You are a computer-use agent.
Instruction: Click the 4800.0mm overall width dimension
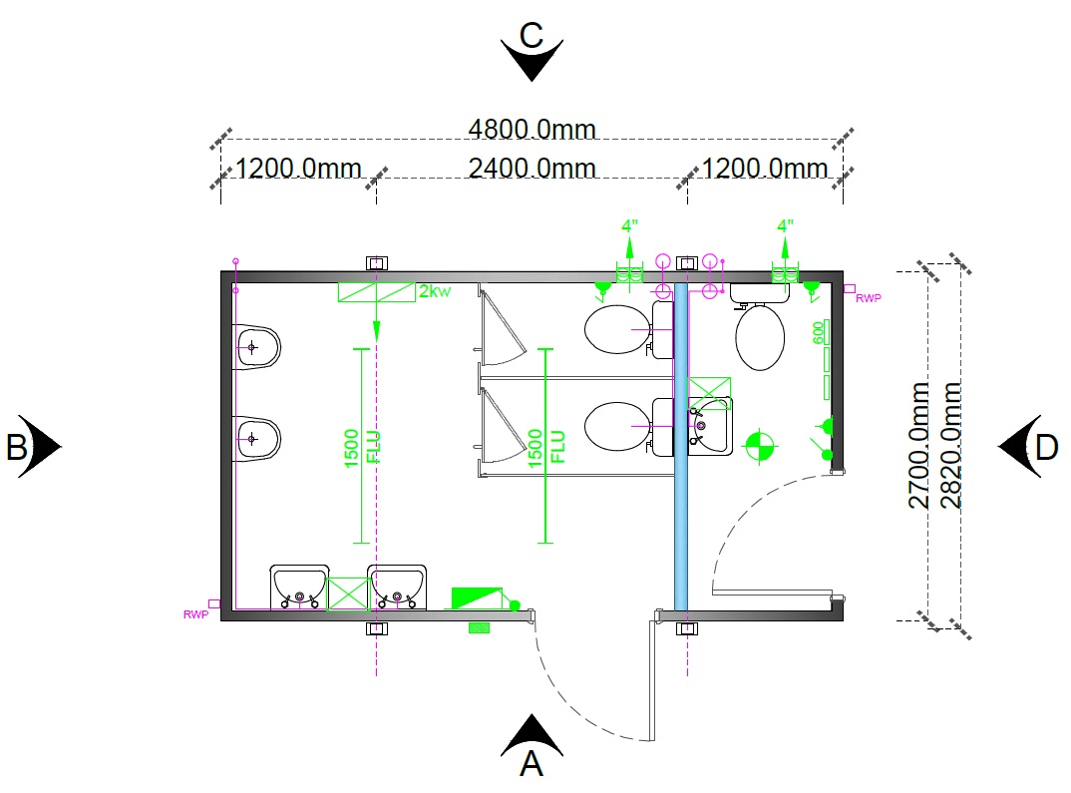click(x=532, y=129)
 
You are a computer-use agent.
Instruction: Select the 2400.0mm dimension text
click(x=532, y=168)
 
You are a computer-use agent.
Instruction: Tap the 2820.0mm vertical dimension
click(x=950, y=445)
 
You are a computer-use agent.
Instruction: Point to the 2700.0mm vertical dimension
click(x=918, y=445)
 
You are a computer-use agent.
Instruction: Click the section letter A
click(x=531, y=763)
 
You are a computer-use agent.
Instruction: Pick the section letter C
click(x=532, y=36)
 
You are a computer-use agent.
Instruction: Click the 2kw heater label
click(x=435, y=291)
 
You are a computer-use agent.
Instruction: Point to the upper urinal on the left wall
click(x=257, y=347)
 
